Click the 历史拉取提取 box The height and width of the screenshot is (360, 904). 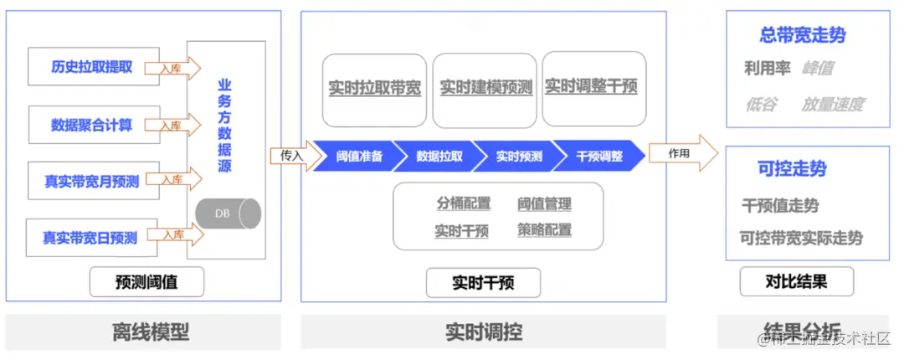coord(91,67)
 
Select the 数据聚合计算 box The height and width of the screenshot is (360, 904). coord(91,125)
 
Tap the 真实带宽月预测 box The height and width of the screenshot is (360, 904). coord(91,181)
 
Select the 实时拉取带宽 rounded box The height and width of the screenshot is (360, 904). coord(374,88)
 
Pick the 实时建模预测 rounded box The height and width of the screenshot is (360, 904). coord(485,88)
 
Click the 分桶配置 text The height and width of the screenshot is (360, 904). coord(463,203)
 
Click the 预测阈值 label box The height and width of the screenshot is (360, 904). coord(146,283)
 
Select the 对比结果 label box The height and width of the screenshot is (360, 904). coord(796,281)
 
